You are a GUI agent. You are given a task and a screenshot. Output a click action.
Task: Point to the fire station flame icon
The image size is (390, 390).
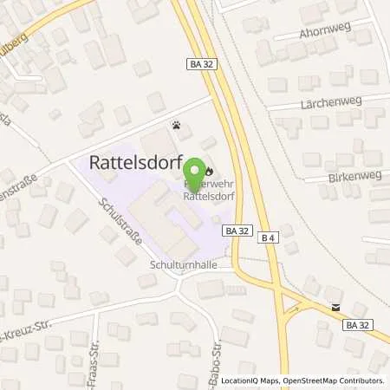[x=209, y=159]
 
